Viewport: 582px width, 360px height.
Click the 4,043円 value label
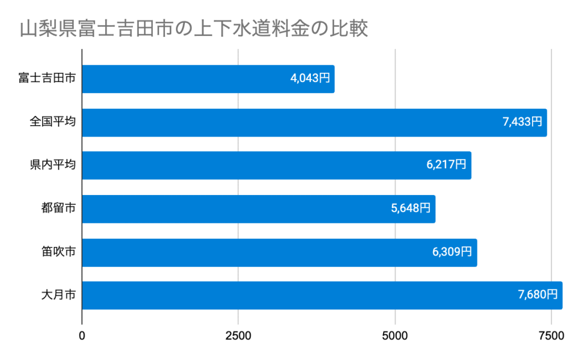(x=310, y=78)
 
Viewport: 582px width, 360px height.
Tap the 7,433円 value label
(x=522, y=122)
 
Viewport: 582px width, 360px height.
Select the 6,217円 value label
(x=447, y=165)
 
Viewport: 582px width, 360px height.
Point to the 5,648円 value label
(x=411, y=209)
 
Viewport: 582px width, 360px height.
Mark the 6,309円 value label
(x=452, y=252)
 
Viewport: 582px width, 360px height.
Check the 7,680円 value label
(x=538, y=295)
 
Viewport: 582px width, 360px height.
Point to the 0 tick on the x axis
(x=82, y=336)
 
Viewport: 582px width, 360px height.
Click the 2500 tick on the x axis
(x=238, y=336)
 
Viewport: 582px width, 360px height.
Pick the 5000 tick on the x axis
(x=395, y=336)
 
